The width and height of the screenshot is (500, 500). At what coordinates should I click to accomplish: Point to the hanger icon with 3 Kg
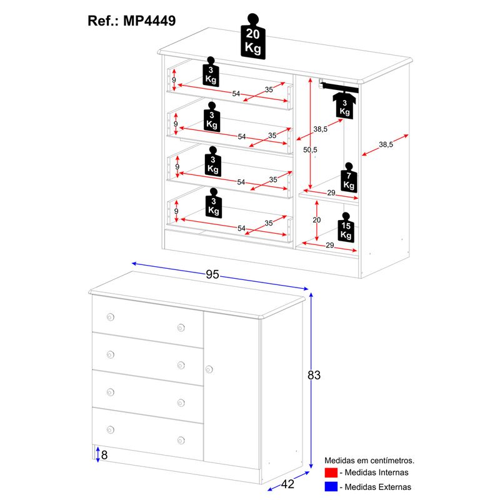click(345, 102)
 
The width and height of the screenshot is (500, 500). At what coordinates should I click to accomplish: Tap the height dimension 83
click(314, 375)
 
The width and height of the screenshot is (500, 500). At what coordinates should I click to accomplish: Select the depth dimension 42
click(288, 482)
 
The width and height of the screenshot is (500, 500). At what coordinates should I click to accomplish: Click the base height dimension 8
click(104, 454)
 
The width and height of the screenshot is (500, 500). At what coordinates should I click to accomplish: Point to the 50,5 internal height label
click(310, 150)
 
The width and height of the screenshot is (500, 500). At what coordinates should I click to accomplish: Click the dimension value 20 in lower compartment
click(316, 220)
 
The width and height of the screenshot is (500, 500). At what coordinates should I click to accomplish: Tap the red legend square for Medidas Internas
click(331, 472)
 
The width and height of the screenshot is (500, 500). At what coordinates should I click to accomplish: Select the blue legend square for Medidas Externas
click(331, 487)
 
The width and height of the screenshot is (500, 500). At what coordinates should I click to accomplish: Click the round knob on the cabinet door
click(209, 369)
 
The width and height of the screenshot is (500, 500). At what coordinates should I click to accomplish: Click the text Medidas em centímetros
click(369, 461)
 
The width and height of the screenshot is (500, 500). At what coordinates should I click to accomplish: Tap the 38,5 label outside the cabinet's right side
click(386, 144)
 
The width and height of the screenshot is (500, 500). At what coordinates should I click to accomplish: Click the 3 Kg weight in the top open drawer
click(211, 73)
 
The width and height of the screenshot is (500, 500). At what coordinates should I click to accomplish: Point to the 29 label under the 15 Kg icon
click(331, 247)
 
